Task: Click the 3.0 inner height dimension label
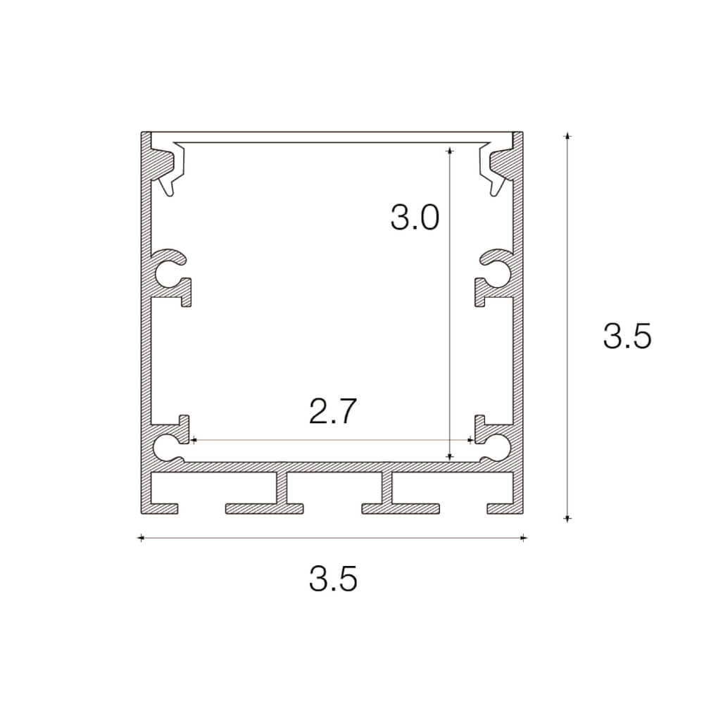pyautogui.click(x=415, y=218)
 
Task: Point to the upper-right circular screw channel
pyautogui.click(x=496, y=275)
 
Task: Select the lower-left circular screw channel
pyautogui.click(x=169, y=446)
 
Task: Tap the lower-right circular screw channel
pyautogui.click(x=496, y=446)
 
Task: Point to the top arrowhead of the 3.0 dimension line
pyautogui.click(x=449, y=149)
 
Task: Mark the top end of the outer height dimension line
pyautogui.click(x=568, y=134)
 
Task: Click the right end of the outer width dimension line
pyautogui.click(x=522, y=539)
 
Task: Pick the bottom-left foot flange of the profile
pyautogui.click(x=160, y=508)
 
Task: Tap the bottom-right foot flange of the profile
pyautogui.click(x=505, y=508)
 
